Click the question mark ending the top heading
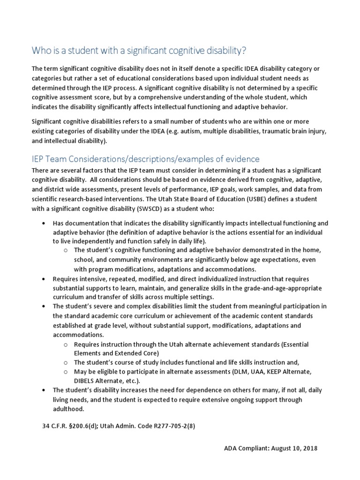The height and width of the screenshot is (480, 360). pyautogui.click(x=244, y=50)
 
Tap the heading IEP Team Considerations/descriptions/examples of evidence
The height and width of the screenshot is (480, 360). pyautogui.click(x=145, y=159)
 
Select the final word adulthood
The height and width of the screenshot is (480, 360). pyautogui.click(x=68, y=408)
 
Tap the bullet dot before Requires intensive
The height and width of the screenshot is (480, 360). pyautogui.click(x=43, y=279)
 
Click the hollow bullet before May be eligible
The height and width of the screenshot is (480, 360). pyautogui.click(x=66, y=372)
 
